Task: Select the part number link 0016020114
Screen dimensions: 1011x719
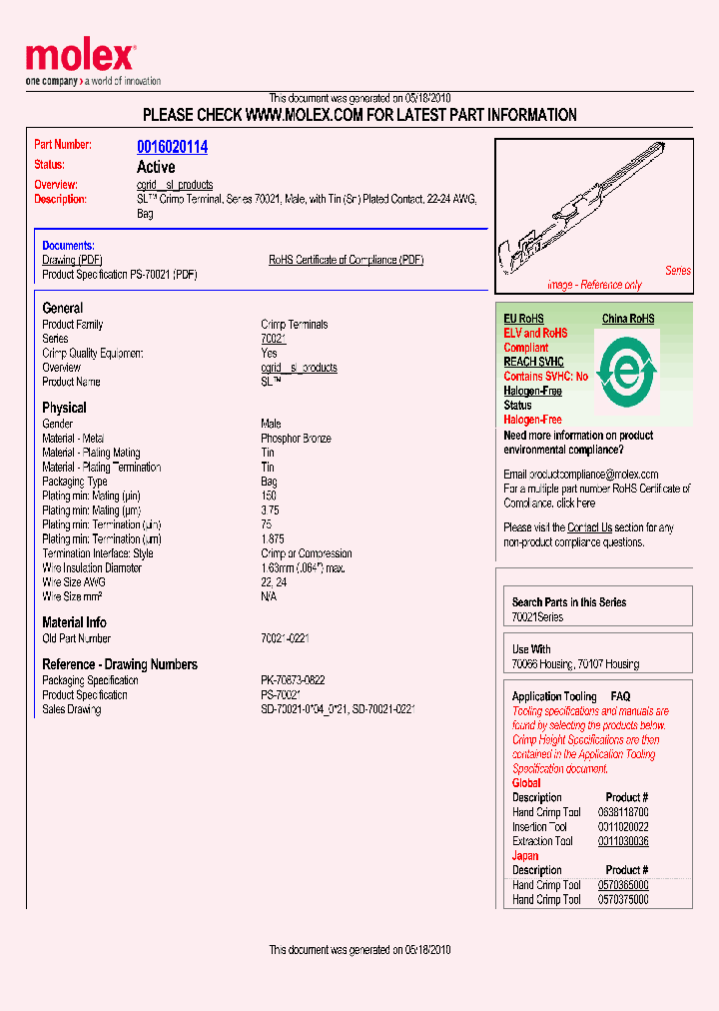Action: tap(172, 147)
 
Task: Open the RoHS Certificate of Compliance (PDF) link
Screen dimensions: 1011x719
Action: tap(346, 260)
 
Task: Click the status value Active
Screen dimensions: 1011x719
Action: tap(156, 167)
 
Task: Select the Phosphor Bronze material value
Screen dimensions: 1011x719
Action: tap(296, 439)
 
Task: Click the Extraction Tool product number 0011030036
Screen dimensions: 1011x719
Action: tap(623, 841)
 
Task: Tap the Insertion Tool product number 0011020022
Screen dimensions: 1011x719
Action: tap(623, 827)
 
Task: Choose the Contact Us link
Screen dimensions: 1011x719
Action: tap(589, 527)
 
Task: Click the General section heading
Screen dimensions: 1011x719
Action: tap(63, 309)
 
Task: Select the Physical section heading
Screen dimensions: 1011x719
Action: tap(64, 408)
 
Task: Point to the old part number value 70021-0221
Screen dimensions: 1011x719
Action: tap(285, 638)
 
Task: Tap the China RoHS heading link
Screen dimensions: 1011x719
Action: tap(628, 319)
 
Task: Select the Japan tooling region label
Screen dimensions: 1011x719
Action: tap(525, 855)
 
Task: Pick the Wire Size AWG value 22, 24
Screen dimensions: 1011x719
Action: tap(274, 582)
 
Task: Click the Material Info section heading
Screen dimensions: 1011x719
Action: tap(74, 622)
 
